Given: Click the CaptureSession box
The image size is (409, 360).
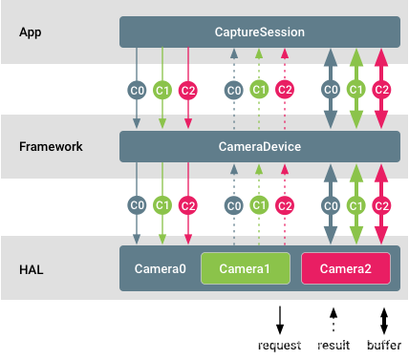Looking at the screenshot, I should [259, 32].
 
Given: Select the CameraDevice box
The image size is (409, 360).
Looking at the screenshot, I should [259, 147].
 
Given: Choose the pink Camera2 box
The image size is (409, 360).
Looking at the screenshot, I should [345, 269].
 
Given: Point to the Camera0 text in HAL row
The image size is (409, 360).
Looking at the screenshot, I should [161, 269].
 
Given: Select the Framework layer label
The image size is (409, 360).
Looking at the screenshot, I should [51, 147].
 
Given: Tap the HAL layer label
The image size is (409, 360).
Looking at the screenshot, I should [32, 269].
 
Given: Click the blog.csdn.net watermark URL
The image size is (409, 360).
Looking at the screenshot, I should [283, 341].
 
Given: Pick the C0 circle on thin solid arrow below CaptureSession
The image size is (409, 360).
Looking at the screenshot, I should [137, 90].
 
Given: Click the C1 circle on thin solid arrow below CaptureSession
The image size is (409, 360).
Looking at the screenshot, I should [162, 90].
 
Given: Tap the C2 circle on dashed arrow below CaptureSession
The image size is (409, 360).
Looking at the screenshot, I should [284, 90].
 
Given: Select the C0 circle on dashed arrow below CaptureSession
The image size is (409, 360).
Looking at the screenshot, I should [233, 90].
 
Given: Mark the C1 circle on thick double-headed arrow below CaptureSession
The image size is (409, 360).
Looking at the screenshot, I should [356, 90].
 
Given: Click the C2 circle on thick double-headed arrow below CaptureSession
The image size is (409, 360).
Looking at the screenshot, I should [381, 90].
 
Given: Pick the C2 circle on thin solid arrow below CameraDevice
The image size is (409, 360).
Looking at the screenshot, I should [188, 205].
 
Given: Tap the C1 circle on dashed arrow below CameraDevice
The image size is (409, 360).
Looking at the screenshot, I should [259, 205].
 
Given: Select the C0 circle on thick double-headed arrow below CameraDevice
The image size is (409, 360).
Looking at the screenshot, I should [331, 205].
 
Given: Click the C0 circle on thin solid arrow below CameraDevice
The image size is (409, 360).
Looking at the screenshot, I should [137, 205].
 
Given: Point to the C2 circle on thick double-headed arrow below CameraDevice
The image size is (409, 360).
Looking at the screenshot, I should [381, 205].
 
